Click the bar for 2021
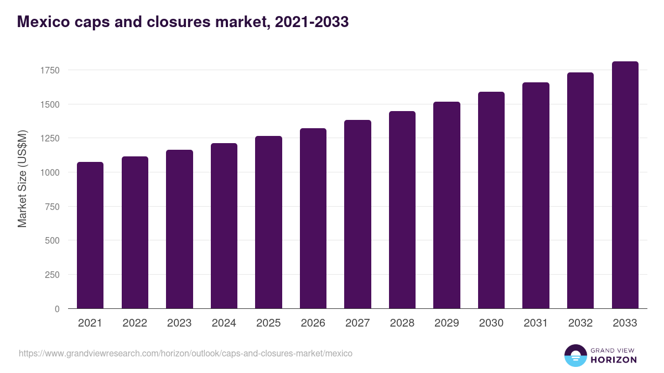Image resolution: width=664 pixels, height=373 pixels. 90,235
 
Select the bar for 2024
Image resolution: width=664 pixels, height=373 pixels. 224,226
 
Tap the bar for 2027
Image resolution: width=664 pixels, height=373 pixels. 357,214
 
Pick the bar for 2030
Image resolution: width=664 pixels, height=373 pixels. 491,200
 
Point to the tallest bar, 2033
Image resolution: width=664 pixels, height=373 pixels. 625,185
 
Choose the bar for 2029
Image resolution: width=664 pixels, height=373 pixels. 447,205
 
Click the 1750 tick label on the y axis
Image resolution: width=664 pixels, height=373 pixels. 49,70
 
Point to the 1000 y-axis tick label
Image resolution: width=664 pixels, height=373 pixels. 49,172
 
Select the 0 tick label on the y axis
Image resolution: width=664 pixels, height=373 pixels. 56,309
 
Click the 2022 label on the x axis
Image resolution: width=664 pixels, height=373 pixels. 134,323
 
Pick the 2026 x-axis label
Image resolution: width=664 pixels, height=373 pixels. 313,323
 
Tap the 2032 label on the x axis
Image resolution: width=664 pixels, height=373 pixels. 580,323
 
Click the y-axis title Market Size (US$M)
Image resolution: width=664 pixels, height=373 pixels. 22,178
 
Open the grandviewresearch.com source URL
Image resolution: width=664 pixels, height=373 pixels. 185,353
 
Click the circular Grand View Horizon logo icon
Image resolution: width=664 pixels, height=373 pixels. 575,355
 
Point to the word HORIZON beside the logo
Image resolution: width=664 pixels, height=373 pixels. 614,360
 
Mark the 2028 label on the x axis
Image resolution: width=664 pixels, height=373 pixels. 402,323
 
